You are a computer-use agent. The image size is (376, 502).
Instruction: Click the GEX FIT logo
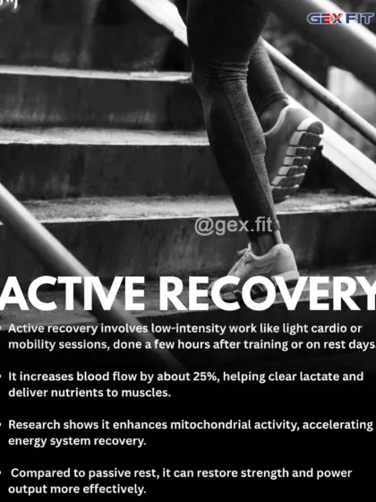339,18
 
